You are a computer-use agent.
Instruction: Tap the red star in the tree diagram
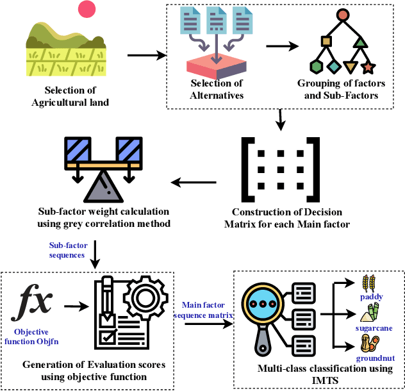[368, 67]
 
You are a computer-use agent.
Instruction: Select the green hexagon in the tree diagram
[315, 67]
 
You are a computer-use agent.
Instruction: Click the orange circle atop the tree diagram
[343, 14]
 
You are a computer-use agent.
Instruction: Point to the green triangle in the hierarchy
[360, 42]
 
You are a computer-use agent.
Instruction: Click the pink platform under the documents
[216, 65]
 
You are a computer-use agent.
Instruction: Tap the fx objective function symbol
[36, 301]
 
